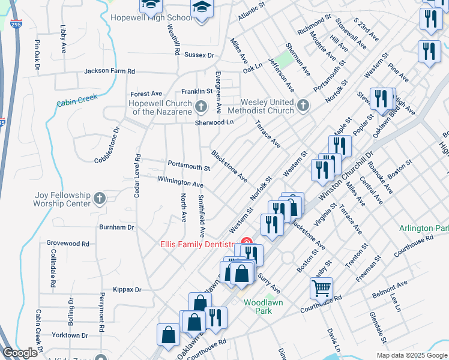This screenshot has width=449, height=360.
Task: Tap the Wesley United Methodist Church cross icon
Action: [303, 106]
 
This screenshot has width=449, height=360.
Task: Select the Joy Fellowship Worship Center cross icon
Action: [100, 197]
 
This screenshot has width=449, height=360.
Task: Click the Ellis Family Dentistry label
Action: [196, 244]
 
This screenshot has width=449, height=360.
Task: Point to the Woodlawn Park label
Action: [263, 302]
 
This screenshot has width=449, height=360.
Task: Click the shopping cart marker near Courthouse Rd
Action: [321, 289]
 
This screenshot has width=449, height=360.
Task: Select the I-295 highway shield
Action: [16, 23]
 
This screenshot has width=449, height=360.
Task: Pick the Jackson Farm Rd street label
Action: [109, 71]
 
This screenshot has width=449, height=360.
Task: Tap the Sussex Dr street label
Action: [199, 55]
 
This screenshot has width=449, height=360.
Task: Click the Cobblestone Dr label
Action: [109, 145]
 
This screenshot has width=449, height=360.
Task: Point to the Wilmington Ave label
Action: [181, 181]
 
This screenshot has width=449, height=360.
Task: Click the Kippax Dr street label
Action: [129, 289]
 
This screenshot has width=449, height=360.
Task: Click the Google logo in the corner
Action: [20, 353]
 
